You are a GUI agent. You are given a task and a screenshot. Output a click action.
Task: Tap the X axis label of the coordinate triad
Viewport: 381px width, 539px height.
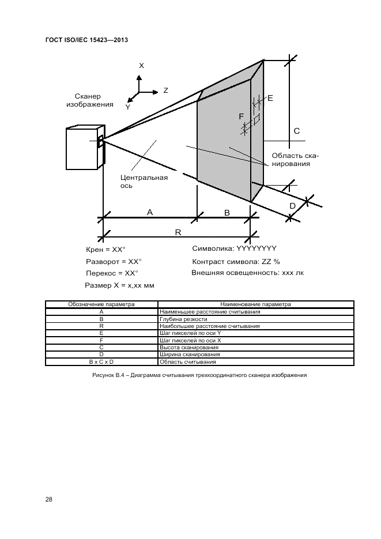pos(141,66)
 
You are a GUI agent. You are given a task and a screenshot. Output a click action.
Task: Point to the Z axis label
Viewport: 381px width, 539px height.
pos(165,91)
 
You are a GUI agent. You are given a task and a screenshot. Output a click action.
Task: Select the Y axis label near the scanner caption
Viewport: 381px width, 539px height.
pos(128,107)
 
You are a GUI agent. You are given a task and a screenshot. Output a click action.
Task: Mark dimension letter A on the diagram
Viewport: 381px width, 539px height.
pos(150,212)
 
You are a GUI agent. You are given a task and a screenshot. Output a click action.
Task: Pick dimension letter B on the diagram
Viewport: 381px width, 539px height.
pos(227,213)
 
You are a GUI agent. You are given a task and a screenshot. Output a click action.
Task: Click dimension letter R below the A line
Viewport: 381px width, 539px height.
pos(178,232)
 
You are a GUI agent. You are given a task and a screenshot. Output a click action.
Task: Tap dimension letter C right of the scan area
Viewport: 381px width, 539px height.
pos(297,131)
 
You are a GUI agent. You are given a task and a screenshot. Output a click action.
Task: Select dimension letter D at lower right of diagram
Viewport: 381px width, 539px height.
pos(292,205)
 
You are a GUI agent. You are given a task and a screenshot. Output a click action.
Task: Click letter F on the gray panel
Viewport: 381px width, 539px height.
pos(241,116)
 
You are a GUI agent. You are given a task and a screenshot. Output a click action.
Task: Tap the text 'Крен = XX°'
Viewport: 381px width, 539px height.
pos(106,250)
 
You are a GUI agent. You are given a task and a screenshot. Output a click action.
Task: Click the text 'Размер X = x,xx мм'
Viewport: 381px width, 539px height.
pos(119,285)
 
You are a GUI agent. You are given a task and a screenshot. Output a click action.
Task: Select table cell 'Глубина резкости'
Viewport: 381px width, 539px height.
pos(176,319)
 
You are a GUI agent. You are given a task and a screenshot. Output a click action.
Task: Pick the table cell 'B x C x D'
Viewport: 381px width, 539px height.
pos(101,362)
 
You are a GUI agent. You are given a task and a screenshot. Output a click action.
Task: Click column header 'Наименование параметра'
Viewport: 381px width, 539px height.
pos(255,304)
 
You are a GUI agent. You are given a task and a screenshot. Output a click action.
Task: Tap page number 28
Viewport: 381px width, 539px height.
pos(48,499)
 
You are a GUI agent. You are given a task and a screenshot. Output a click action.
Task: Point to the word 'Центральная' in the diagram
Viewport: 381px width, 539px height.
pos(144,178)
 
